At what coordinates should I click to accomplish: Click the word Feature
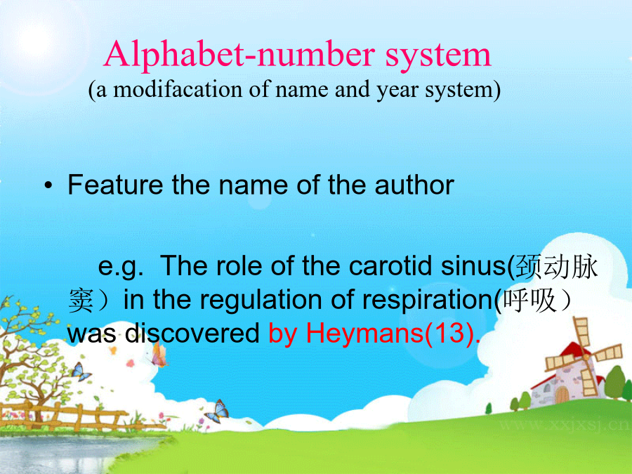pyautogui.click(x=116, y=185)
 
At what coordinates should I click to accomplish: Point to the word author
pyautogui.click(x=414, y=185)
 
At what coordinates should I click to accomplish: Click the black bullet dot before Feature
pyautogui.click(x=48, y=186)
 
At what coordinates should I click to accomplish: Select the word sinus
pyautogui.click(x=473, y=265)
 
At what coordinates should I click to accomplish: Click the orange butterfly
pyautogui.click(x=159, y=355)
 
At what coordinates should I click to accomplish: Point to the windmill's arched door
pyautogui.click(x=562, y=395)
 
